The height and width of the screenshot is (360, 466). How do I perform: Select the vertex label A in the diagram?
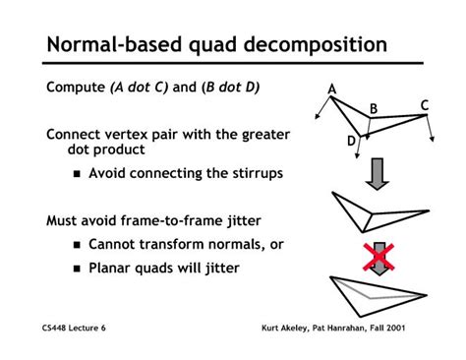tap(332, 90)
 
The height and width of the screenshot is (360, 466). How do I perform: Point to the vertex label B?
tap(374, 108)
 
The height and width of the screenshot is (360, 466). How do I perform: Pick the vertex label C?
tap(425, 105)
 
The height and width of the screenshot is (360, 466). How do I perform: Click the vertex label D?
tap(351, 142)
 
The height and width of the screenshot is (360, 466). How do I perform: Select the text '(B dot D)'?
tap(230, 89)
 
